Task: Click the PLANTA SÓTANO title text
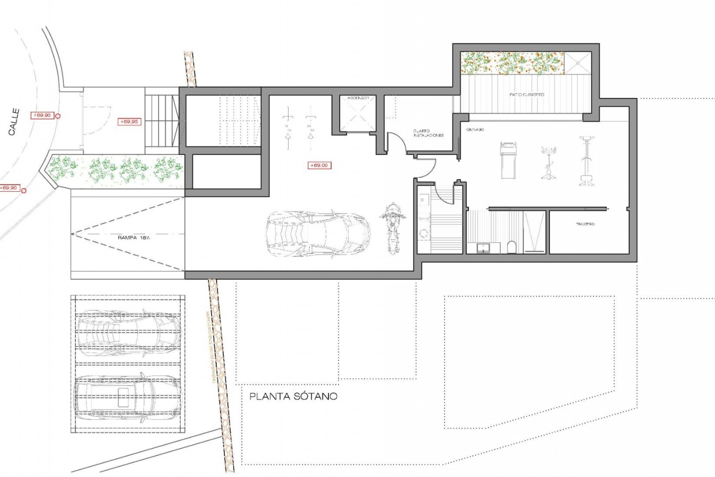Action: point(293,396)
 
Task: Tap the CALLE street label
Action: point(14,122)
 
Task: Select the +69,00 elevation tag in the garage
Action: point(319,165)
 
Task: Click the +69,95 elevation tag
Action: point(129,122)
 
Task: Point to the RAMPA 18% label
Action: point(134,237)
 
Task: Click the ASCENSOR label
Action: point(358,98)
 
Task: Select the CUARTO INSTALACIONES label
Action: point(428,133)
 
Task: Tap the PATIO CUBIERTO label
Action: point(527,95)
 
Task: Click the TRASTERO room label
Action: point(585,224)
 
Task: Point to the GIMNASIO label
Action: point(475,129)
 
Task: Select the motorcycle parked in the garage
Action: point(392,228)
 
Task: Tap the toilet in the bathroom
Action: point(512,247)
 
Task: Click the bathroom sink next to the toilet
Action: point(483,247)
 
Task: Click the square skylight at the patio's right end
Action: point(578,63)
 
